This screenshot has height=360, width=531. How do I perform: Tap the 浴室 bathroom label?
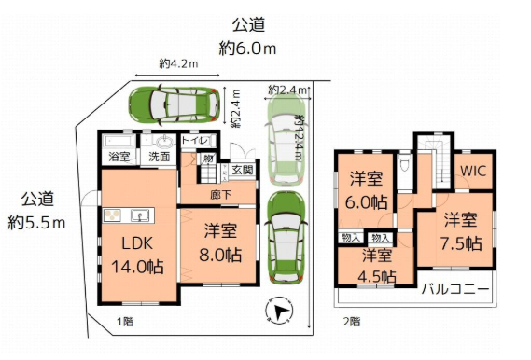click(x=119, y=157)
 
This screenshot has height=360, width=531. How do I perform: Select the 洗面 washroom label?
click(x=160, y=157)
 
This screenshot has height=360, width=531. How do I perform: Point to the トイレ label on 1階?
click(x=195, y=140)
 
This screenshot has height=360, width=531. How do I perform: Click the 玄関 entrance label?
click(x=243, y=170)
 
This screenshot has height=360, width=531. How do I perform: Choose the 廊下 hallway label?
click(x=221, y=195)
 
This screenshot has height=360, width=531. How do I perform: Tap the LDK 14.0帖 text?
click(x=137, y=256)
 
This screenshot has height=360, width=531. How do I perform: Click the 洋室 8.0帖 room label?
click(x=220, y=242)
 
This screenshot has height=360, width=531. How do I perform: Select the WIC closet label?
click(x=473, y=171)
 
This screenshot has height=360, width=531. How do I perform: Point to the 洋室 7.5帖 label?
click(x=461, y=231)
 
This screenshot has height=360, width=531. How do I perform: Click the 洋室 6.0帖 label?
click(x=367, y=190)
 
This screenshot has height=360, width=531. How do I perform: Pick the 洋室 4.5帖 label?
click(x=377, y=266)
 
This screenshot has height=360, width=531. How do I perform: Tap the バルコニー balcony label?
click(x=455, y=289)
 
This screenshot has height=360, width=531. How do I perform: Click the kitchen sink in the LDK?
click(x=140, y=215)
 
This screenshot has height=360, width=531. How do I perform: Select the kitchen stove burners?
click(x=112, y=215)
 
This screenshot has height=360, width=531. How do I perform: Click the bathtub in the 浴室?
click(x=119, y=141)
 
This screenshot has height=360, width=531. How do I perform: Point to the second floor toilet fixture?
click(x=403, y=162)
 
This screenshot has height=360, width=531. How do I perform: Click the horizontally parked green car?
click(x=175, y=104)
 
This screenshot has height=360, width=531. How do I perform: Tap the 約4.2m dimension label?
click(x=178, y=63)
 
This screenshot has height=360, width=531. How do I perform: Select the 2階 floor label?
click(x=352, y=322)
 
